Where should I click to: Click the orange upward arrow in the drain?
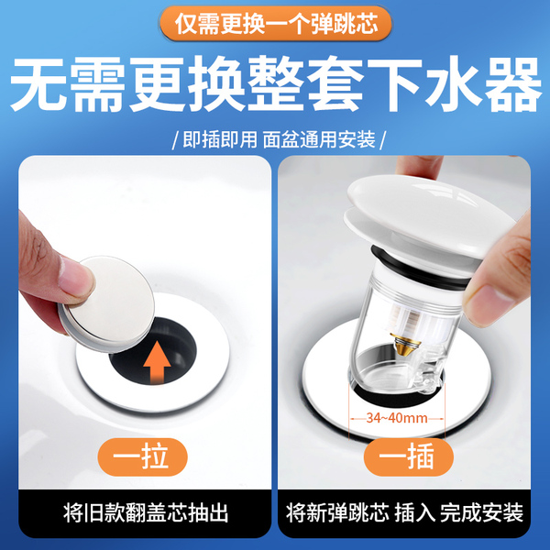(x=157, y=362)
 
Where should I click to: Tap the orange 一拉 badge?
(x=142, y=456)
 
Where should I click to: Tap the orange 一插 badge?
(x=408, y=456)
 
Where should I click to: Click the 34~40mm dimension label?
(x=397, y=418)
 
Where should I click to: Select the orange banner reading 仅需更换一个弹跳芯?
(x=276, y=24)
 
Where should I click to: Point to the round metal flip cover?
(x=107, y=303)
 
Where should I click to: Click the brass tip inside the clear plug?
(x=402, y=343)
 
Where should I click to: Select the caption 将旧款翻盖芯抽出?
(x=145, y=513)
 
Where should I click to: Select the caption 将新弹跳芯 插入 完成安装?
(x=404, y=513)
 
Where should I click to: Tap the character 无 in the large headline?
(x=39, y=84)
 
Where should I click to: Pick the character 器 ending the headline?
(x=512, y=84)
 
